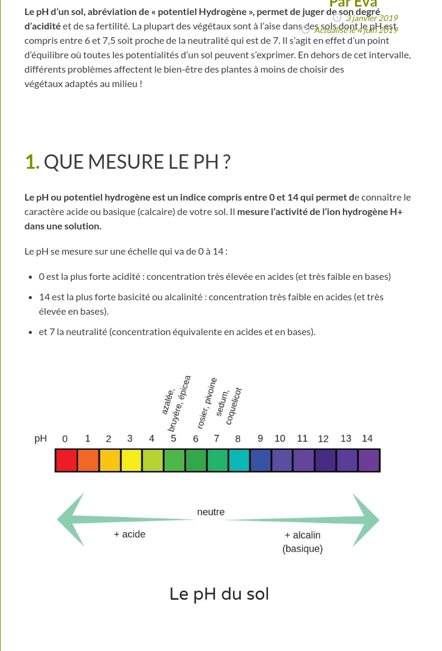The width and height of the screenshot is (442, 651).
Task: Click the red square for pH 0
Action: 66,460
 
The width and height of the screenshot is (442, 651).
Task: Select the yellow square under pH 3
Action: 131,460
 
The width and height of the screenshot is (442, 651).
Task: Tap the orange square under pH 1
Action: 88,460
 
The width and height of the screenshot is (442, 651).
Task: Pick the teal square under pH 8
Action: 239,460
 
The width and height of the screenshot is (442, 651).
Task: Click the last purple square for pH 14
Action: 369,460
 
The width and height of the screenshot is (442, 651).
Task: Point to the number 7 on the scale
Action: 217,438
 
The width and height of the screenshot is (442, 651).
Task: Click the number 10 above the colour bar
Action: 280,438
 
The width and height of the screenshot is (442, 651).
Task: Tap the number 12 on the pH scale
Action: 323,439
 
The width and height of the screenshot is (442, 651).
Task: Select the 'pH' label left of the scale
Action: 40,438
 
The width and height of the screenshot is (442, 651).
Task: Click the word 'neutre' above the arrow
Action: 211,512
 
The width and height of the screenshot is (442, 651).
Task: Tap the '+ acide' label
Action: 130,534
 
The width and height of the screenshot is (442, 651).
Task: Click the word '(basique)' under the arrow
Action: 303,549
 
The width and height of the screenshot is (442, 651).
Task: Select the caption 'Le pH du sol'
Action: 219,594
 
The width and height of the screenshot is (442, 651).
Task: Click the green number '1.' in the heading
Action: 32,162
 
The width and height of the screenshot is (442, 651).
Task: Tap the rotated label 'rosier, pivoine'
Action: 206,402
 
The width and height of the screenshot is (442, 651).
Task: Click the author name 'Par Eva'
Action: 353,4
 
